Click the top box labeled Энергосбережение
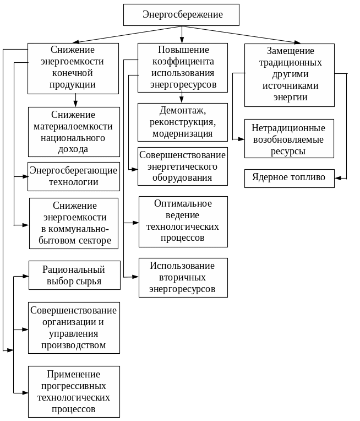182,14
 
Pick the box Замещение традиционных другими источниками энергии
289,75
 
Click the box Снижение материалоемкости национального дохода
74,132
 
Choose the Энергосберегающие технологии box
74,176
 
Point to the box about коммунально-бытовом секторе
74,223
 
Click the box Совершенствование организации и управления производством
74,327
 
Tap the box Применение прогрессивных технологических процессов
74,392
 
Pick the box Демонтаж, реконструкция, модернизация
182,122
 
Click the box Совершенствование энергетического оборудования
182,166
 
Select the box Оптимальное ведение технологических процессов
182,221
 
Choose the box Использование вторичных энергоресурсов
182,277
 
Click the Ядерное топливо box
289,177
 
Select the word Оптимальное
182,203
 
